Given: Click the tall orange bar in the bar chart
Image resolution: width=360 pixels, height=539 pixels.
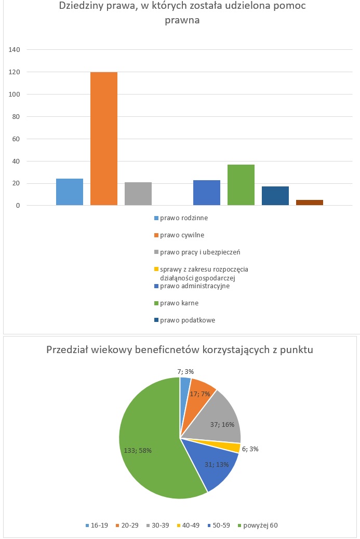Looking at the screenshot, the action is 104,139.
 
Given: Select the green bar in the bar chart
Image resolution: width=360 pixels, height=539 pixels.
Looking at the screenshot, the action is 241,185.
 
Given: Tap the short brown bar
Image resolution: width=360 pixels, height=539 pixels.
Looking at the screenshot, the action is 310,203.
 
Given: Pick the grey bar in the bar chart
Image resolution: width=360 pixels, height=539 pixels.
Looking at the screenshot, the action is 138,194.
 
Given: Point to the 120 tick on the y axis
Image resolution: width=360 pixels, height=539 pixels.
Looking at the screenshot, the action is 15,72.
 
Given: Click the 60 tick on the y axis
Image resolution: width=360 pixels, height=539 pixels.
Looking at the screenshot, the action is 16,139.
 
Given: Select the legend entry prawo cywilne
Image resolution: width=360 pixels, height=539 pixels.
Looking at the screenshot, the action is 179,235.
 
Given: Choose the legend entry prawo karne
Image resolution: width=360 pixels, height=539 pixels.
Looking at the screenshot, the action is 177,303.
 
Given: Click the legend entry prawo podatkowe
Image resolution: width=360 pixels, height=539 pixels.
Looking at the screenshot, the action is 184,320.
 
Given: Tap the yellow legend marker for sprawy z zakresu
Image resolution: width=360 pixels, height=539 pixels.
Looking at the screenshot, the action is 156,269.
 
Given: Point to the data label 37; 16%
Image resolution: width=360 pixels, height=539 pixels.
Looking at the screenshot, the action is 222,425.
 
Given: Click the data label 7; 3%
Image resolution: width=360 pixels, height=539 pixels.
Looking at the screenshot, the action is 185,372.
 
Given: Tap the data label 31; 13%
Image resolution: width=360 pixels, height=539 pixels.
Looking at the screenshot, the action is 217,464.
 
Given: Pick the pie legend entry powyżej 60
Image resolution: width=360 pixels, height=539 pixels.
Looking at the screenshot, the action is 258,525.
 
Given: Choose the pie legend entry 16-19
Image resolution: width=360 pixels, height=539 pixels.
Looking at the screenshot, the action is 97,525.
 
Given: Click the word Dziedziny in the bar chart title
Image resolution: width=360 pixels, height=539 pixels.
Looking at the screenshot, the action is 79,6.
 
